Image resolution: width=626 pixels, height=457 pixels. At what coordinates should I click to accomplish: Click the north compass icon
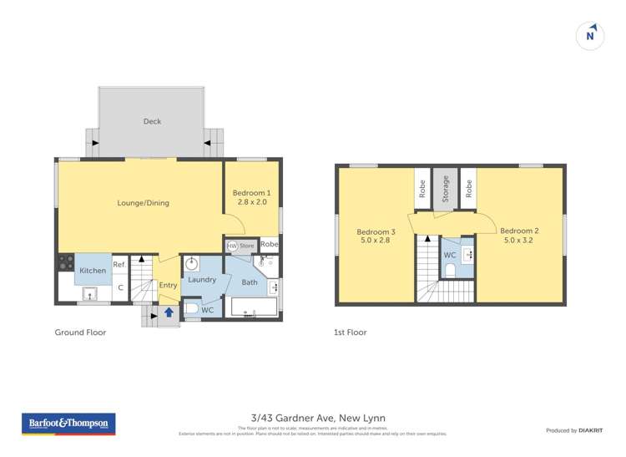[x=590, y=36]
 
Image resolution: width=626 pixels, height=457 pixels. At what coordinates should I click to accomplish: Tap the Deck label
[x=152, y=122]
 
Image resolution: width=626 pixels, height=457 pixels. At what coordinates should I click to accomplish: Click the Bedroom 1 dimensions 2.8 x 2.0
[x=252, y=202]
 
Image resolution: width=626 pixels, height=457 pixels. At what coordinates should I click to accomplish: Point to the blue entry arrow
[x=169, y=312]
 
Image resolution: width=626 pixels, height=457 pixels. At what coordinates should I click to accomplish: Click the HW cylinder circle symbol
[x=231, y=246]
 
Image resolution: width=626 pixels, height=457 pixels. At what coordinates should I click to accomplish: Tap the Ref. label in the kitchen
[x=119, y=264]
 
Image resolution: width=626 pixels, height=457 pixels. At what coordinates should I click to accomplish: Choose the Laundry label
[x=202, y=280]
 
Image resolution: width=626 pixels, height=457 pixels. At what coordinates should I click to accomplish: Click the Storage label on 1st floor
[x=446, y=189]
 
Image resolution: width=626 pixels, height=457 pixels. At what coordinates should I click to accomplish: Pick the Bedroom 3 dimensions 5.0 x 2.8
[x=376, y=241]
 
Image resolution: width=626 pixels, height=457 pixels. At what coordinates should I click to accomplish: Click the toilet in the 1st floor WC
[x=450, y=269]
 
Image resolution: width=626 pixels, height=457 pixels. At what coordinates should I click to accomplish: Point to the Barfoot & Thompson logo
[x=69, y=424]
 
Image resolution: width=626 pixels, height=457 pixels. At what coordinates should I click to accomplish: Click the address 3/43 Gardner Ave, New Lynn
[x=318, y=419]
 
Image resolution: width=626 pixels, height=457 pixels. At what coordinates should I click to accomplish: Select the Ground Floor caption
[x=80, y=333]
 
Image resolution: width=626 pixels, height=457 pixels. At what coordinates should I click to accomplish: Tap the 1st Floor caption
[x=350, y=333]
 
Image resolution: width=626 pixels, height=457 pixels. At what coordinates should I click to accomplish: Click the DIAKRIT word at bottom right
[x=591, y=430]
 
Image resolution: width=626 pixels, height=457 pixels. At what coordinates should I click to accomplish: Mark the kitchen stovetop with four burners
[x=65, y=262]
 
